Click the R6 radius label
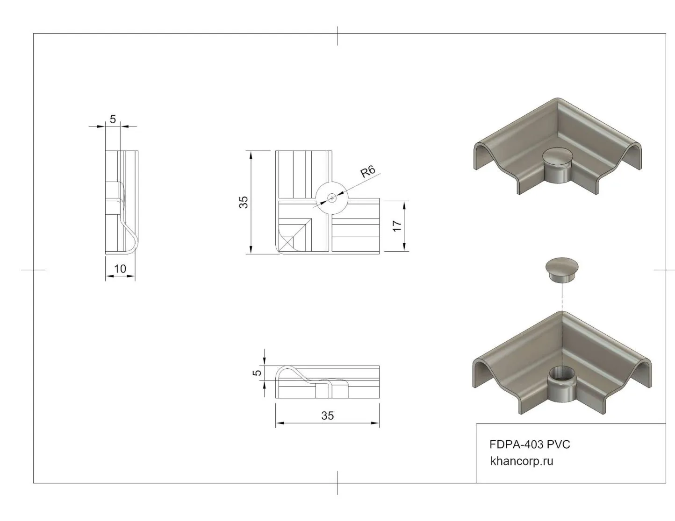click(x=368, y=171)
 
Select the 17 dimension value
click(x=397, y=226)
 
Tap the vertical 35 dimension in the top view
click(x=244, y=202)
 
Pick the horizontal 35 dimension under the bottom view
click(x=327, y=416)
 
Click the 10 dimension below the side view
click(x=120, y=268)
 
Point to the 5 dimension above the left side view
click(x=113, y=119)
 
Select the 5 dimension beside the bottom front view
click(x=257, y=373)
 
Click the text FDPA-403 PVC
click(x=530, y=445)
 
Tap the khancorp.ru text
click(x=522, y=461)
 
